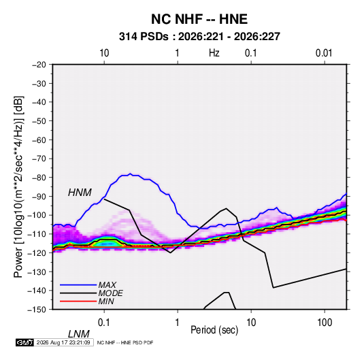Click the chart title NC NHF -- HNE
(199, 19)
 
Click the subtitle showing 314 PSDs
(199, 37)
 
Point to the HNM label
(80, 193)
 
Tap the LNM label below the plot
(78, 334)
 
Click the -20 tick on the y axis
(39, 65)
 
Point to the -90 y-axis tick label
(39, 196)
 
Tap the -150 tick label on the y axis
(37, 310)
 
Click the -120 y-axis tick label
(37, 252)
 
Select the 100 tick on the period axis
(324, 323)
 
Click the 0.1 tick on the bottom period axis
(104, 323)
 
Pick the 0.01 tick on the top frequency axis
(324, 53)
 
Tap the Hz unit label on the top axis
(214, 53)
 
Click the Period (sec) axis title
(214, 330)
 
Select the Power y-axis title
(18, 187)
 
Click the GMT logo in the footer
(24, 342)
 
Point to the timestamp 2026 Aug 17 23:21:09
(63, 342)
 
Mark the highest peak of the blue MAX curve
(131, 174)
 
